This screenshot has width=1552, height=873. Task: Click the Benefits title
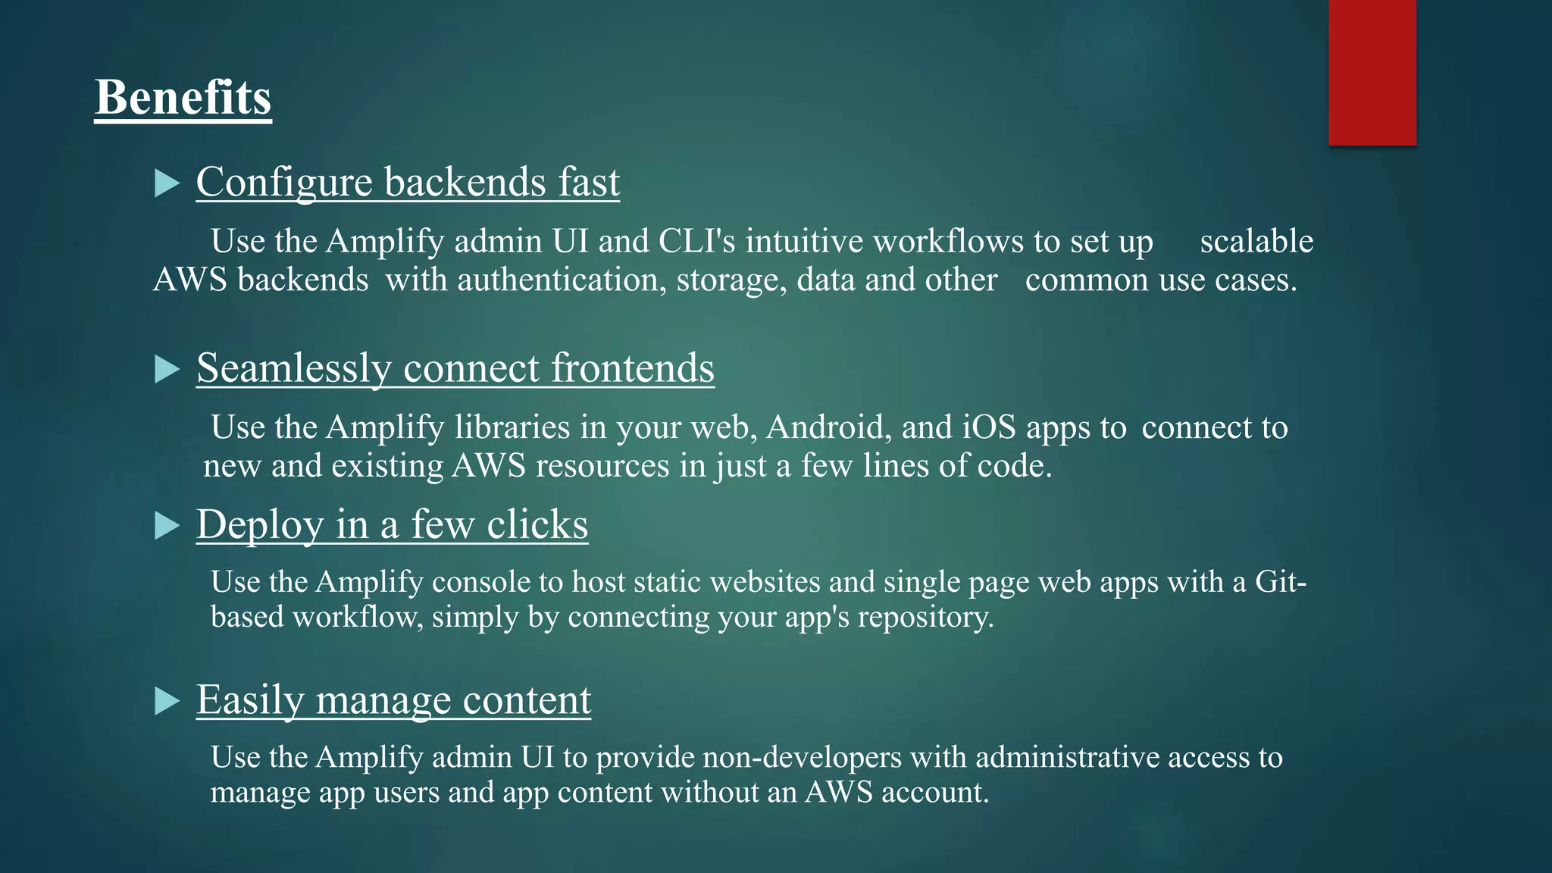183,99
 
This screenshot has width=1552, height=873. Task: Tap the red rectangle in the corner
1372,72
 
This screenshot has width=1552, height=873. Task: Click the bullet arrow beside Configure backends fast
166,183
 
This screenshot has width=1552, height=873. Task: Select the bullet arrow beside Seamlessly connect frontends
166,369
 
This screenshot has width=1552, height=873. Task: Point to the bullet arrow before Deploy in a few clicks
166,525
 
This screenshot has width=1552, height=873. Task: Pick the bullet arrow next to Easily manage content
166,701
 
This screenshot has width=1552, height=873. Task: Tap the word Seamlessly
293,369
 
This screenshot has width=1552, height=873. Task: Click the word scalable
1256,242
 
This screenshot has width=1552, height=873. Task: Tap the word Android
825,428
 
